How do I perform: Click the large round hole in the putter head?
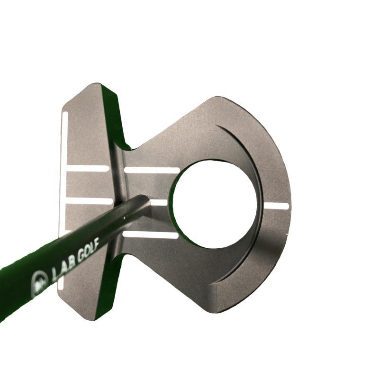click(215, 204)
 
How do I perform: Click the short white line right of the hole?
click(277, 206)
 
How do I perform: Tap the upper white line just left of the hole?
click(152, 170)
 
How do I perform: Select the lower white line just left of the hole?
click(151, 235)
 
